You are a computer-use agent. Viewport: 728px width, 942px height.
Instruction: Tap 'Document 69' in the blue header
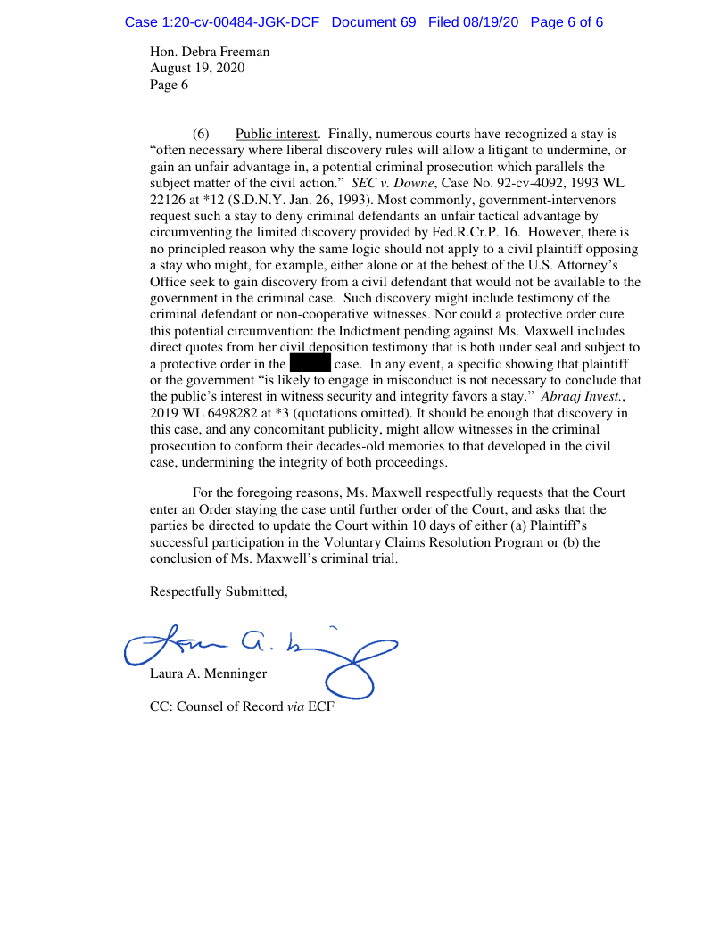tap(373, 21)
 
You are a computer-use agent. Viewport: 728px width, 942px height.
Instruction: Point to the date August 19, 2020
tap(197, 69)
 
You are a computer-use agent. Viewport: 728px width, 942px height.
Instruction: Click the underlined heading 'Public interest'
tap(276, 135)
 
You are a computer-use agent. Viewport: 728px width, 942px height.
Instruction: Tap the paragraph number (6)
tap(201, 135)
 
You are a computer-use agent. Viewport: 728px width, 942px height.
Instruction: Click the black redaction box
tap(310, 364)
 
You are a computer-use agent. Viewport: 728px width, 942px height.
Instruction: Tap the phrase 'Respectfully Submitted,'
tap(219, 591)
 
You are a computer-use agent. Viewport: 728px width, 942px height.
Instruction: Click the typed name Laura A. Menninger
tap(208, 674)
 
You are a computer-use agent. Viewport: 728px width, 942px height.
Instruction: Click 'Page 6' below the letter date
tap(169, 86)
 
